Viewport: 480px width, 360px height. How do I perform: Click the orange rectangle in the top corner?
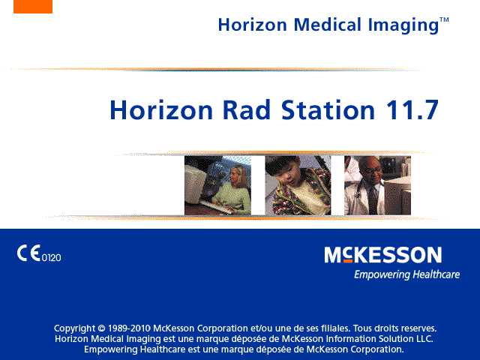pyautogui.click(x=33, y=7)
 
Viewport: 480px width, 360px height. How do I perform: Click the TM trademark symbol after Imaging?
pyautogui.click(x=444, y=20)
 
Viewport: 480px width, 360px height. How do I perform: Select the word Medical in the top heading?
pyautogui.click(x=328, y=25)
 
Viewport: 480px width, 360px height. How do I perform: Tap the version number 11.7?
pyautogui.click(x=412, y=109)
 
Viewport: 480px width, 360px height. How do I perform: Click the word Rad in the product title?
pyautogui.click(x=247, y=109)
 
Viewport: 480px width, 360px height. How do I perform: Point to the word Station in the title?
pyautogui.click(x=328, y=109)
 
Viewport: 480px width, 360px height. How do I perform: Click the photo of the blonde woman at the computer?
pyautogui.click(x=217, y=185)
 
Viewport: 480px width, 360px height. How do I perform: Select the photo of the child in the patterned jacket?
pyautogui.click(x=298, y=185)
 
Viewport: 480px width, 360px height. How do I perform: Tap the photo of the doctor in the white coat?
pyautogui.click(x=377, y=185)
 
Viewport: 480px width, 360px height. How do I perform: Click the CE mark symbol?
pyautogui.click(x=28, y=253)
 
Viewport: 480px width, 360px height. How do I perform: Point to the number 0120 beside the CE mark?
pyautogui.click(x=51, y=258)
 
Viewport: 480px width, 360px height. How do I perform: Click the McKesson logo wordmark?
pyautogui.click(x=383, y=255)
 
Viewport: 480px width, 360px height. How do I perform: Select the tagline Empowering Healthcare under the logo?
pyautogui.click(x=406, y=274)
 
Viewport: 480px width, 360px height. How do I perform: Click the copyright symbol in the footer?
pyautogui.click(x=101, y=328)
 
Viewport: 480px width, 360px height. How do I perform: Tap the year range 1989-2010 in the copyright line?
pyautogui.click(x=129, y=328)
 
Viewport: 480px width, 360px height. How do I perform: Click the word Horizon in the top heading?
pyautogui.click(x=253, y=25)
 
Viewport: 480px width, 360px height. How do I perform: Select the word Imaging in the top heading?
pyautogui.click(x=403, y=25)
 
